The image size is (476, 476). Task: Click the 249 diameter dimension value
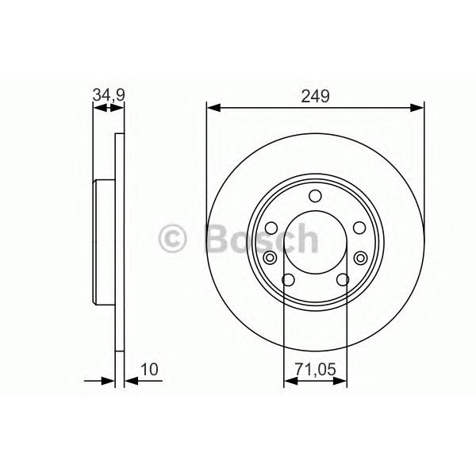point(315,97)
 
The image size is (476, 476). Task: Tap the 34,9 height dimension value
point(109,95)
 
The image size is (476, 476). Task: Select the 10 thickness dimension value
point(149,370)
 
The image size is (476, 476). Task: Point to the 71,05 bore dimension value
point(316,370)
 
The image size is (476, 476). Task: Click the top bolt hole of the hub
point(315,196)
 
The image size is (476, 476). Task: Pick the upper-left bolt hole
point(271,228)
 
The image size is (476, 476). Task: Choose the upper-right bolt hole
point(359,228)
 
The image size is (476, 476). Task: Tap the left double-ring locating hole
point(270,258)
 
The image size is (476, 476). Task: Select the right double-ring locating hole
point(360,258)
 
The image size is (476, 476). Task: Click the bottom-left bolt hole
point(288,280)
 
